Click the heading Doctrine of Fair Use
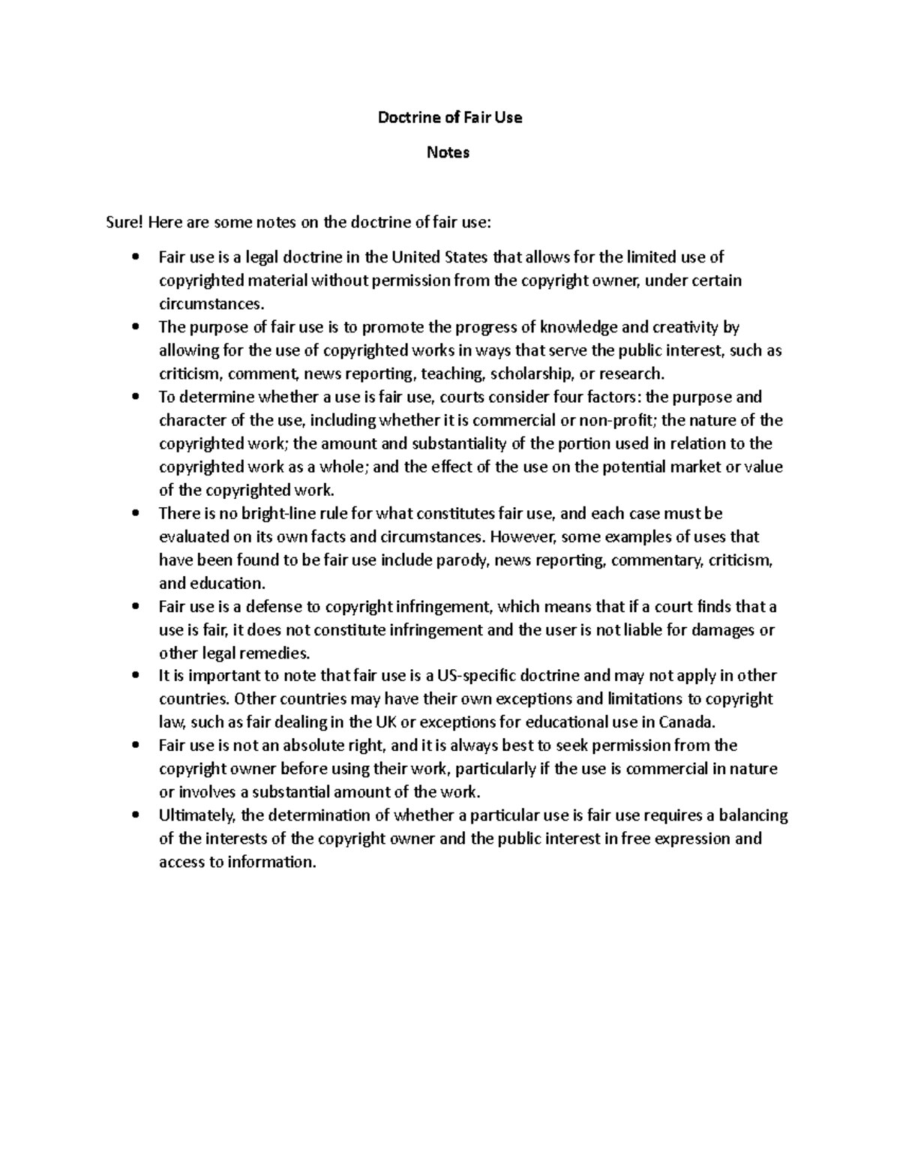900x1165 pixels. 448,117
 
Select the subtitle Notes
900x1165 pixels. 448,152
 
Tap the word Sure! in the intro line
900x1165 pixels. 124,222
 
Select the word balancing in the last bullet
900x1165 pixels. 754,815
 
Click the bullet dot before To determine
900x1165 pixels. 135,397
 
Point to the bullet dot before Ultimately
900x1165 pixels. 135,815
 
